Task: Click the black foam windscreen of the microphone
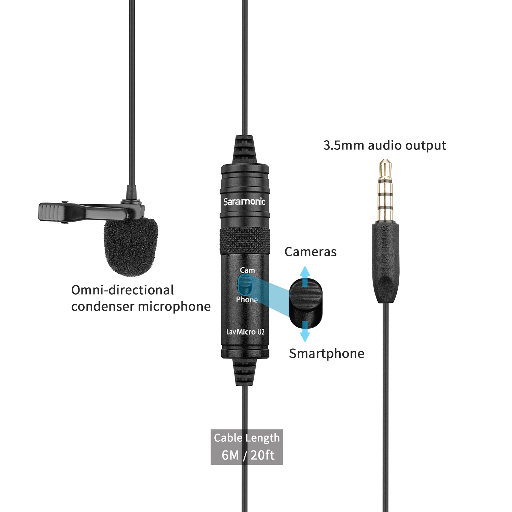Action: tap(131, 246)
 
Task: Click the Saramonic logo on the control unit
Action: tap(244, 202)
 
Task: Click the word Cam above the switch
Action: tap(247, 270)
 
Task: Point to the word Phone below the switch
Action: tap(246, 300)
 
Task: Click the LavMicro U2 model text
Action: tap(245, 331)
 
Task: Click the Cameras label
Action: tap(310, 252)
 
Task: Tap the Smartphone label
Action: tap(327, 353)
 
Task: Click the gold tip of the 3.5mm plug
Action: tap(385, 167)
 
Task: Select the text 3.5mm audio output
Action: tap(384, 145)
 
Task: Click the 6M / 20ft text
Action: tap(248, 455)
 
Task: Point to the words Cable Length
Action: tap(246, 438)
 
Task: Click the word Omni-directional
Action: tap(123, 290)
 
